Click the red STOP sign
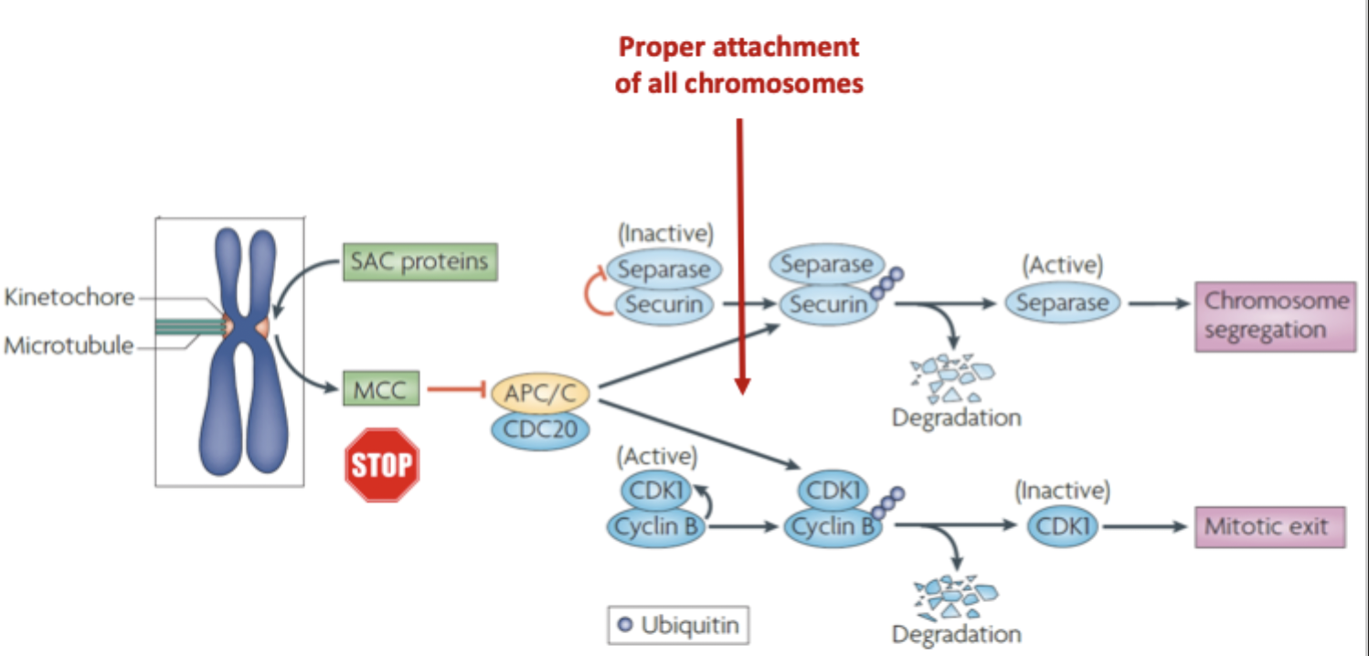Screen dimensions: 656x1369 point(382,465)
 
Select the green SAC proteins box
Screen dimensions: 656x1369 point(419,262)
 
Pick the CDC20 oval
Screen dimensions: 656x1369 point(539,429)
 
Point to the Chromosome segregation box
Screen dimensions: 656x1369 point(1276,316)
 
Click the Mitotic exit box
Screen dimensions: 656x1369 point(1269,527)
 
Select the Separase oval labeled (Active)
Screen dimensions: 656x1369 point(1062,302)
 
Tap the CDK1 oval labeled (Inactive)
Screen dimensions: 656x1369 point(1062,527)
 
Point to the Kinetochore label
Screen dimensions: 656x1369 point(69,297)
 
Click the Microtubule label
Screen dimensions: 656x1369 point(69,346)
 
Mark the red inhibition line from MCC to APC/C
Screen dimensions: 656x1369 point(456,391)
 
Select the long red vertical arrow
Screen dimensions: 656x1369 point(741,256)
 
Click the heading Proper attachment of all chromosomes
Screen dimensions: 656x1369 point(738,65)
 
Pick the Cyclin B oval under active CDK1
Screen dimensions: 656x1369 point(656,527)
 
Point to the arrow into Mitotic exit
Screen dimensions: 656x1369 point(1147,527)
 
